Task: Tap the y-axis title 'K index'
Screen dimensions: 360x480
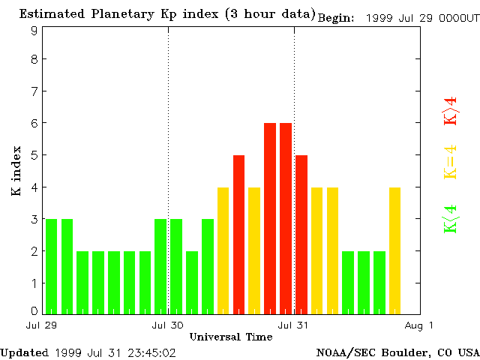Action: click(x=16, y=171)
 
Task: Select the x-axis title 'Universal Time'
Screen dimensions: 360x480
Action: click(x=230, y=337)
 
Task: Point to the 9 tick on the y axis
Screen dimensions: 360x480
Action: click(x=34, y=31)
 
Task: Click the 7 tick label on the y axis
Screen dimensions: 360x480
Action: click(x=34, y=91)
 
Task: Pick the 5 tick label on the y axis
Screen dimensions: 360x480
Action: click(x=34, y=155)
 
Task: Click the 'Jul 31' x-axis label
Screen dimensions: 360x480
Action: click(x=293, y=325)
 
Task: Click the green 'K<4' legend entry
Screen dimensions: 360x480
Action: click(x=450, y=219)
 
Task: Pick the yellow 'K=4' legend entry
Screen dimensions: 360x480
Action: click(x=450, y=163)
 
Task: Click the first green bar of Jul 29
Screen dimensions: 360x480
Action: click(x=51, y=266)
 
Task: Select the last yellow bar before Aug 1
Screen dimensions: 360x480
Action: click(x=394, y=250)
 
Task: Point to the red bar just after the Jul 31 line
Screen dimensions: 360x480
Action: click(x=301, y=235)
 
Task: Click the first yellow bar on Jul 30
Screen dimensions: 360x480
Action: click(x=223, y=250)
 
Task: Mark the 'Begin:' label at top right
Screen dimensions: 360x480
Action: click(x=336, y=18)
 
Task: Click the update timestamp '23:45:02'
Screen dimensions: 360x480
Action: click(x=151, y=352)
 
